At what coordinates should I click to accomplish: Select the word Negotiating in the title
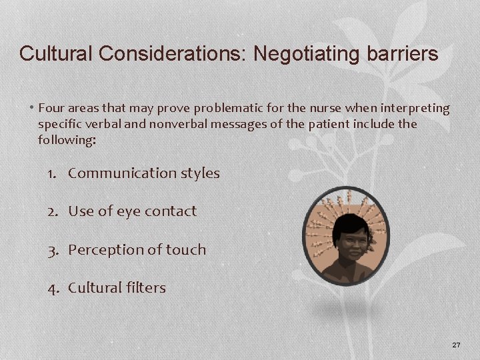[292, 53]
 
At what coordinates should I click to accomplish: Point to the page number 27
[456, 345]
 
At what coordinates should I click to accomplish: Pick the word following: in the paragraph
[67, 140]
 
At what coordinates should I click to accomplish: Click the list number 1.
[52, 173]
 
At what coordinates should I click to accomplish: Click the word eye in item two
[129, 212]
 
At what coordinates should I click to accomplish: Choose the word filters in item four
[145, 288]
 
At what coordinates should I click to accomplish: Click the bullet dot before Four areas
[32, 108]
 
